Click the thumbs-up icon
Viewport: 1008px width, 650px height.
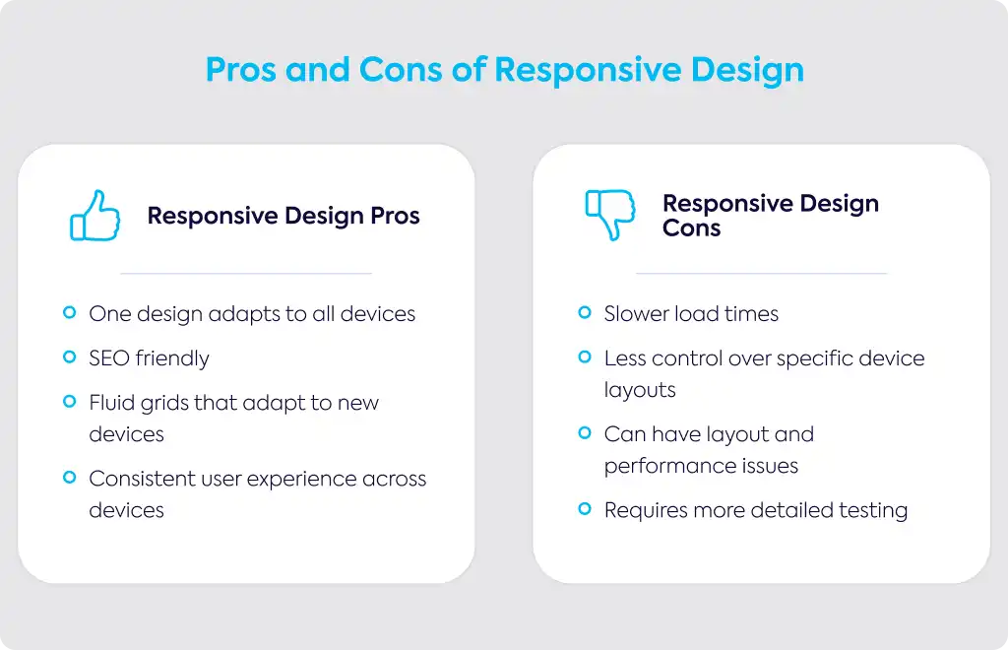point(95,216)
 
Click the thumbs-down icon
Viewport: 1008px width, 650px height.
point(610,214)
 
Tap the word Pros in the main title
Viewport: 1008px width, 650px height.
point(241,70)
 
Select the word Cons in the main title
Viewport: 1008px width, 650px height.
point(401,70)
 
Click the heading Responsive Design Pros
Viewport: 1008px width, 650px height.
point(283,216)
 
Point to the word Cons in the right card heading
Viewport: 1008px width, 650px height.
point(692,228)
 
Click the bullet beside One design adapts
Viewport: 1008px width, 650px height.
point(70,313)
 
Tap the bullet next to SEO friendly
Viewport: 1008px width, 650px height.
point(70,357)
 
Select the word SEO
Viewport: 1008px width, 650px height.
point(109,358)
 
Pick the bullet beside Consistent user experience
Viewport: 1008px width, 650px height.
point(70,478)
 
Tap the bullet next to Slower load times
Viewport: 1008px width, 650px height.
point(585,313)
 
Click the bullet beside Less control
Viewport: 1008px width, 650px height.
point(585,357)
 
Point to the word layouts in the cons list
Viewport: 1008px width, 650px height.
point(640,390)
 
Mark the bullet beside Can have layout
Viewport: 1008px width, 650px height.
point(585,433)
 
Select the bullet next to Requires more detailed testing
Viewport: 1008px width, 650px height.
point(585,509)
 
